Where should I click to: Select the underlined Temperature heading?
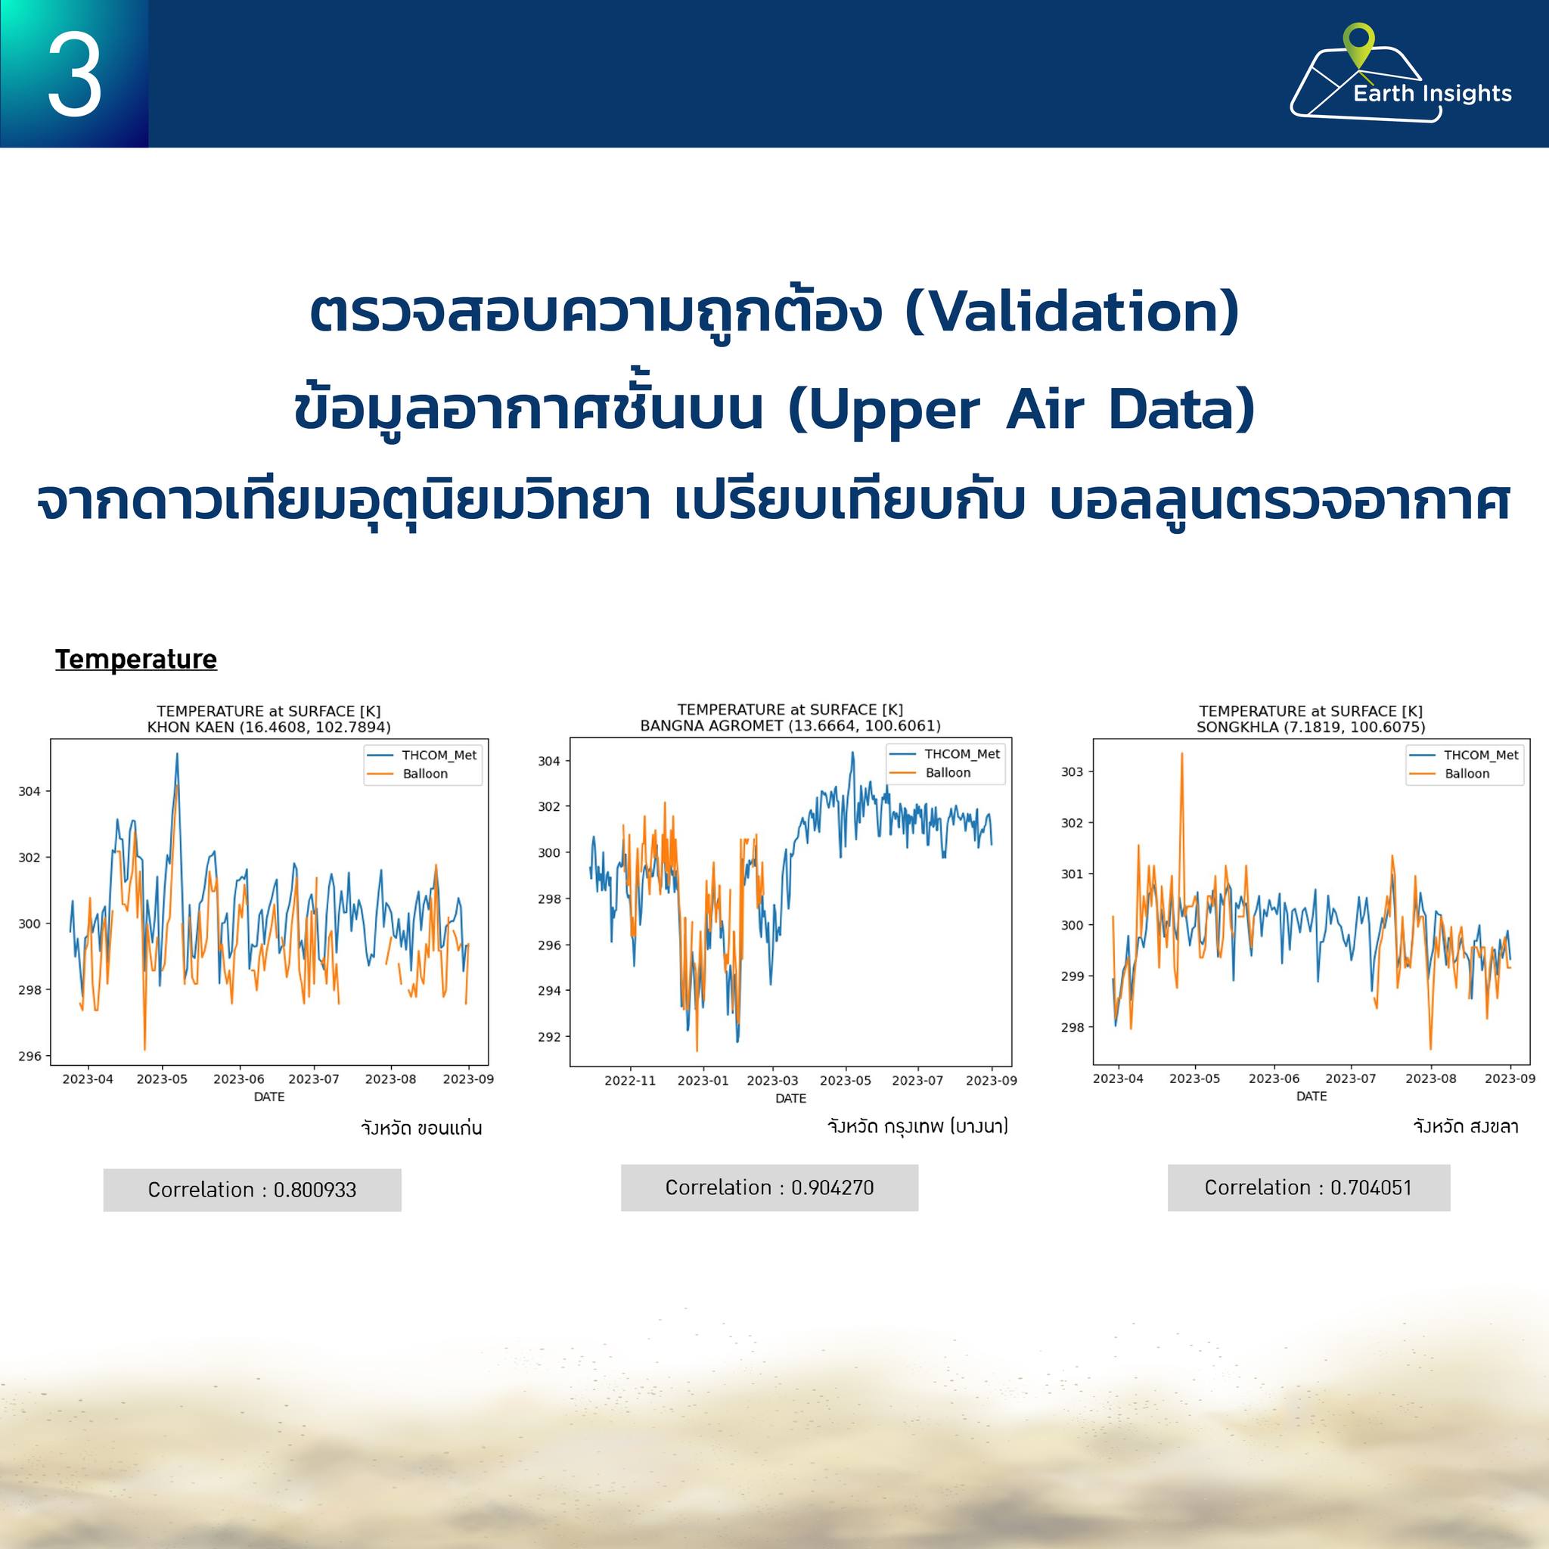pyautogui.click(x=136, y=659)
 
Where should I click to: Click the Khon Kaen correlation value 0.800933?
pyautogui.click(x=315, y=1190)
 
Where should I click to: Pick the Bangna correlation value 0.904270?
pyautogui.click(x=832, y=1187)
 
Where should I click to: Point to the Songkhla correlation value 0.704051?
pyautogui.click(x=1371, y=1187)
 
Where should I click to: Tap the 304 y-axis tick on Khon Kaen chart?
pyautogui.click(x=29, y=791)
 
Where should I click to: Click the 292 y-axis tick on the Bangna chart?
pyautogui.click(x=549, y=1037)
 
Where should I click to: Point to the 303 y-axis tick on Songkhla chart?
pyautogui.click(x=1072, y=772)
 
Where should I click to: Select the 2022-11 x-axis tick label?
pyautogui.click(x=630, y=1081)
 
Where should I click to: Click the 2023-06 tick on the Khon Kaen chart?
pyautogui.click(x=239, y=1079)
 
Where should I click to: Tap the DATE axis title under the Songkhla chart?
pyautogui.click(x=1312, y=1096)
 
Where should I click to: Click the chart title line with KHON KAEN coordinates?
pyautogui.click(x=269, y=727)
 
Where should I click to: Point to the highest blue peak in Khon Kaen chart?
pyautogui.click(x=177, y=753)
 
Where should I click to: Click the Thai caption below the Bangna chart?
pyautogui.click(x=918, y=1126)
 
